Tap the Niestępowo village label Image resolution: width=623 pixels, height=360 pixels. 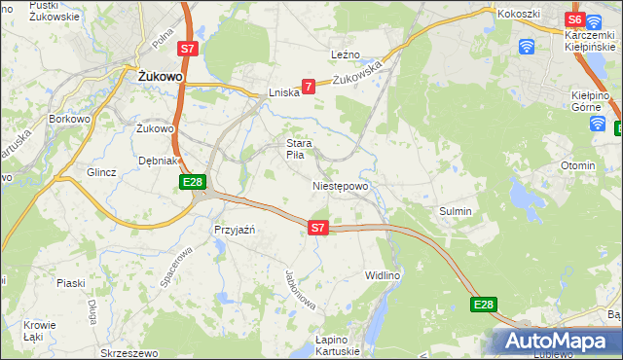[x=340, y=186]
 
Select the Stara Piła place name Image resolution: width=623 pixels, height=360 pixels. [x=297, y=149]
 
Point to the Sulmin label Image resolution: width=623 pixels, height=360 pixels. [x=455, y=211]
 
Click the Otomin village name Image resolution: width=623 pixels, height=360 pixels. [x=578, y=165]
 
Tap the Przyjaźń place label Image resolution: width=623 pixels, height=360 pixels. [x=234, y=230]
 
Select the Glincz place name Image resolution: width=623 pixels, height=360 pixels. [x=101, y=172]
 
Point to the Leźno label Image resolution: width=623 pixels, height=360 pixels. [x=346, y=54]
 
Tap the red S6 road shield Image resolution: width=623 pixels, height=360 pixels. [x=574, y=19]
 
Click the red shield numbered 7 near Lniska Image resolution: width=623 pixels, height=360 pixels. [x=309, y=87]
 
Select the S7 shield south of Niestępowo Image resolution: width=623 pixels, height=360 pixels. [x=317, y=228]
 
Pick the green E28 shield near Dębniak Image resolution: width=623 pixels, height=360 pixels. [x=192, y=182]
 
